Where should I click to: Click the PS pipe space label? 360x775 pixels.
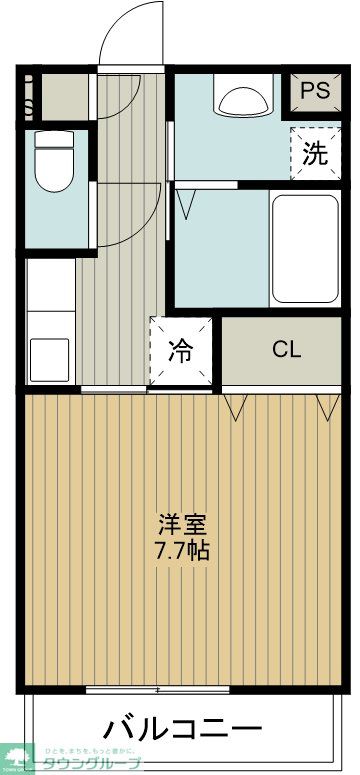coord(315,91)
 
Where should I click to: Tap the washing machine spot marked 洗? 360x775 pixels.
coord(314,154)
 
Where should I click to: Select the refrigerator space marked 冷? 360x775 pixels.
coord(181,351)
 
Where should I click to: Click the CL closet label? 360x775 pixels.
coord(286,350)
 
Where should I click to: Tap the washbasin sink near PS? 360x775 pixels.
coord(243,103)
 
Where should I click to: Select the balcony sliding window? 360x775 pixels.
coord(158,689)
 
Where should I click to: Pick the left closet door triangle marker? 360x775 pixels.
coord(237,405)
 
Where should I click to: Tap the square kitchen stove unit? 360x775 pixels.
coord(49,356)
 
